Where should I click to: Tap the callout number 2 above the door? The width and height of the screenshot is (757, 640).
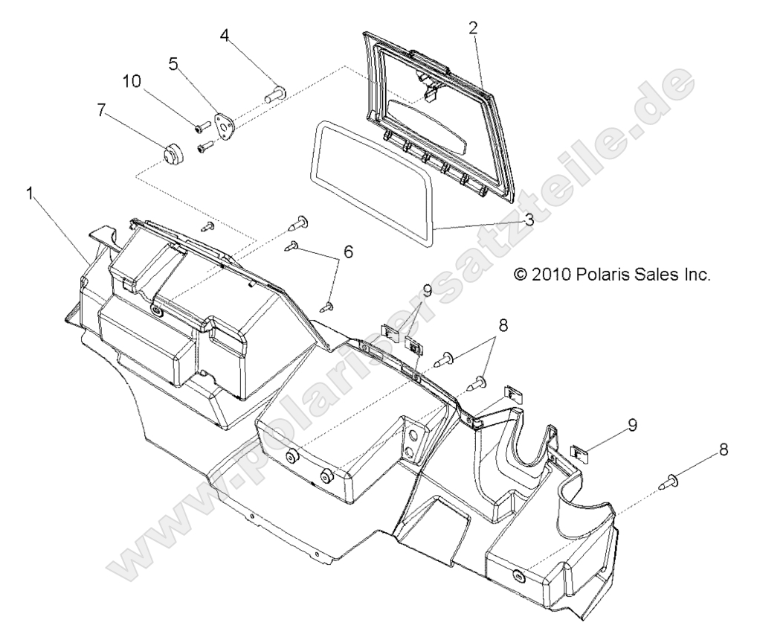pos(473,28)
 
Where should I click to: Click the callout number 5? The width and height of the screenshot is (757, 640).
pos(173,64)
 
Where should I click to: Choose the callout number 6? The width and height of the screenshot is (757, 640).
pos(347,252)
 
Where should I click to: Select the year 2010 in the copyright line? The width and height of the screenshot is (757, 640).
pos(551,275)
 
